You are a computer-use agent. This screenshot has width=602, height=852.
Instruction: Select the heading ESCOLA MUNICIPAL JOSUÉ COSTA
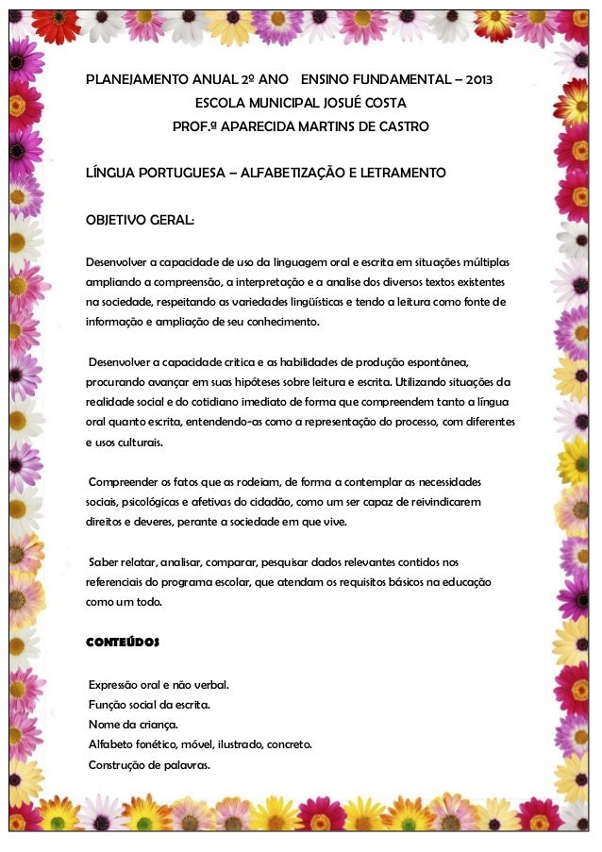[300, 103]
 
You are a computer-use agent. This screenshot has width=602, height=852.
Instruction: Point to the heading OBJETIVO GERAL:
[141, 221]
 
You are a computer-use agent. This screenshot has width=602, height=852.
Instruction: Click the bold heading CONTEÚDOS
[123, 642]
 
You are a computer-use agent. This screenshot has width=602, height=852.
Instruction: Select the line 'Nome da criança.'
[134, 724]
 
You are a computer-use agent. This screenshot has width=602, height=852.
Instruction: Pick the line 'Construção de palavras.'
[149, 764]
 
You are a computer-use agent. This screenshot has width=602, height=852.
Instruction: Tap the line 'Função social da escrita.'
[149, 704]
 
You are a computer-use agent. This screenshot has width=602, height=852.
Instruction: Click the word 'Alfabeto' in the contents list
[110, 744]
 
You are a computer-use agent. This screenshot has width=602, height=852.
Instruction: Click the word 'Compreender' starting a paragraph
[121, 482]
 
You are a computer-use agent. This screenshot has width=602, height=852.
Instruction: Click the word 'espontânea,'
[435, 363]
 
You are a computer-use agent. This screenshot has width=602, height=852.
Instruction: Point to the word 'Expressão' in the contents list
[114, 683]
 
